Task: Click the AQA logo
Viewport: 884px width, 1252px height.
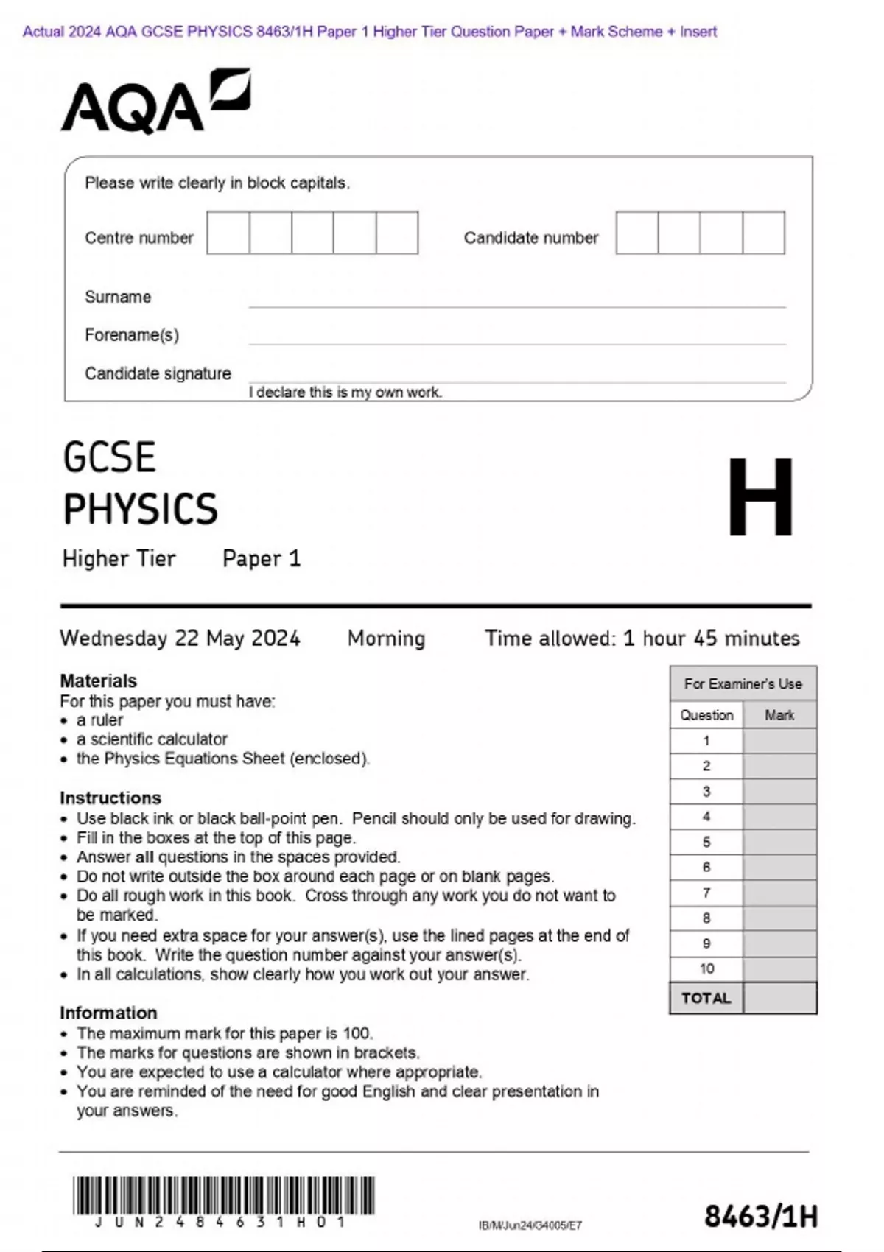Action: (x=155, y=103)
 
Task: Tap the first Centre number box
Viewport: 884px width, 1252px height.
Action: (x=228, y=233)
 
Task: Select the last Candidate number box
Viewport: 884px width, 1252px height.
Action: (x=763, y=233)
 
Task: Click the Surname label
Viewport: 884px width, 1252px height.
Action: (x=118, y=297)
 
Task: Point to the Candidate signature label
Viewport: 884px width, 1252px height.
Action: (x=158, y=373)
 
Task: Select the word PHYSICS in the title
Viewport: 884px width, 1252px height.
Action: (x=140, y=509)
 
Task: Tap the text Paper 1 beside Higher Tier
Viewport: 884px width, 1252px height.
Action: (x=262, y=559)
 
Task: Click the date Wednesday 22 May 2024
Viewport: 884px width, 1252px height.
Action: (x=180, y=638)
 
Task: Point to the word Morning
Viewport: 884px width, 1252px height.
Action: (x=386, y=638)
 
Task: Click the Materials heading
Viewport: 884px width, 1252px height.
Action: (x=98, y=680)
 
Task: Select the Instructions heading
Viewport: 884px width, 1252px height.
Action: (x=110, y=798)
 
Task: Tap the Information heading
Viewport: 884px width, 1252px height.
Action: (x=108, y=1013)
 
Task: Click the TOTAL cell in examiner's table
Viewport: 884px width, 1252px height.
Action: (x=706, y=999)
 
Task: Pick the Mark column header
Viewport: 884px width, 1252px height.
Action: (x=779, y=715)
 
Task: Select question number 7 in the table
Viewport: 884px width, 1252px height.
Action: (x=706, y=893)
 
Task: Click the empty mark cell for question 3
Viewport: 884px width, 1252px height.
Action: (x=779, y=792)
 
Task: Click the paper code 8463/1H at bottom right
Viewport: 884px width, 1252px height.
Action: (x=760, y=1217)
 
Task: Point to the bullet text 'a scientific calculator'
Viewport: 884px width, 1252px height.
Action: (x=152, y=739)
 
